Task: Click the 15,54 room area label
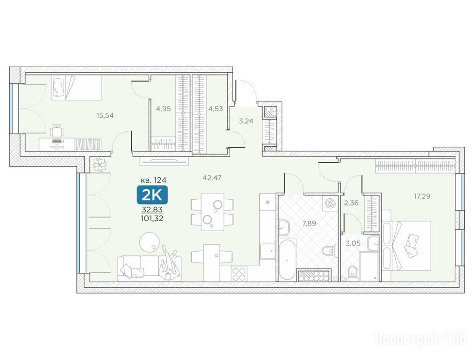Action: coord(105,115)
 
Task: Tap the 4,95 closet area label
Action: coord(163,109)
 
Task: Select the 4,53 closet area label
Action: coord(216,109)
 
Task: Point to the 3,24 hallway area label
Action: coord(246,121)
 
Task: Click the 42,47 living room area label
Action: coord(212,178)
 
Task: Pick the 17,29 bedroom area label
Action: coord(422,196)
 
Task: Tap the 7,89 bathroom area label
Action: coord(309,224)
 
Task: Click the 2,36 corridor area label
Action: coord(351,203)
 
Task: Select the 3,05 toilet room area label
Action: coord(353,243)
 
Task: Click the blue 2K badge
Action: coord(152,195)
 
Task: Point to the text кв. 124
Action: coord(154,180)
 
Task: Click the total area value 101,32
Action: coord(152,218)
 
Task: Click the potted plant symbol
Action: coord(99,165)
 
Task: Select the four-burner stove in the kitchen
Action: coord(239,274)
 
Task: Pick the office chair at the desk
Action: coord(58,132)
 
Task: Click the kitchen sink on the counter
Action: coord(268,250)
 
